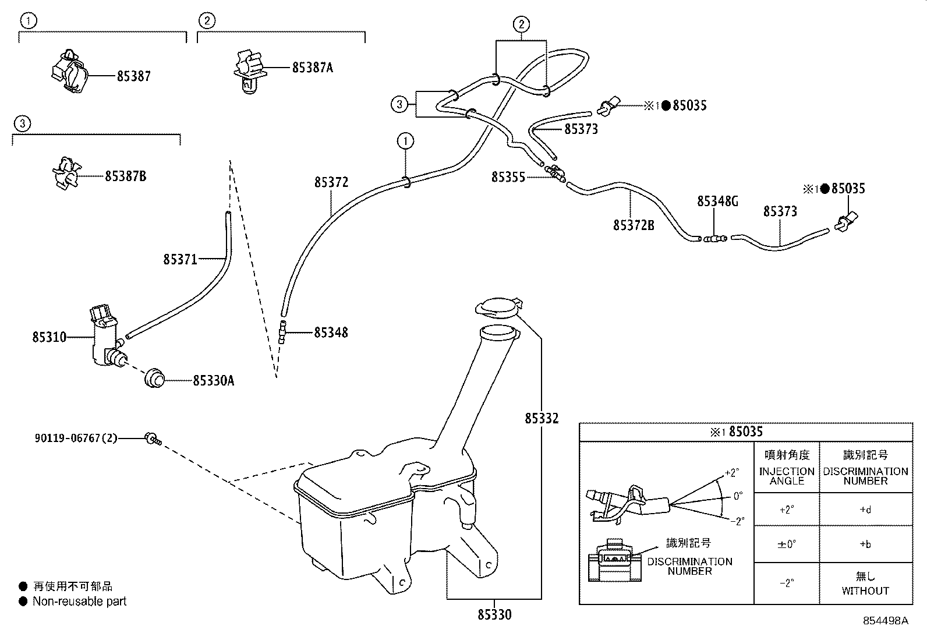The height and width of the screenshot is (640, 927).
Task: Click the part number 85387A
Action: point(312,68)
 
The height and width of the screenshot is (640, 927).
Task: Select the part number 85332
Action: point(541,418)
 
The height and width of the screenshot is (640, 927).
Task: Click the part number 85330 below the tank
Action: point(494,614)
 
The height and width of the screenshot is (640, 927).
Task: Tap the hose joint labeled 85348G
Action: point(713,238)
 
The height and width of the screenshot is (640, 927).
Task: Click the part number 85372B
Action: point(633,225)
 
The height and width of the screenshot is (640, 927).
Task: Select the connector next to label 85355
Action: point(556,173)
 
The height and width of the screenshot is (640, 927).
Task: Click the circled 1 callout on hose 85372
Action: point(405,140)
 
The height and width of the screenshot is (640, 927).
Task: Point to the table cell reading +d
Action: point(865,510)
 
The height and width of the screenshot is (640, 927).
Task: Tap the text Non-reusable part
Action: point(79,601)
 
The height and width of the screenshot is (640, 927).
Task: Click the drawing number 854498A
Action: point(885,621)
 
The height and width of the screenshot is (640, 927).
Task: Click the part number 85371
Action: point(180,259)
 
